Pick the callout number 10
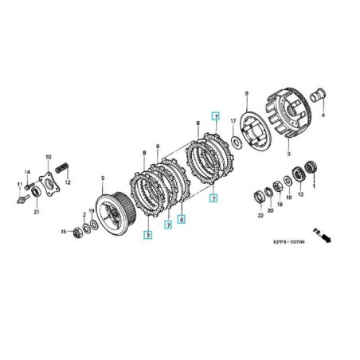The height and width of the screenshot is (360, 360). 49,157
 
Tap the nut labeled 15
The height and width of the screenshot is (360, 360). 77,233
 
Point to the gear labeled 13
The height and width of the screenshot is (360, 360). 301,173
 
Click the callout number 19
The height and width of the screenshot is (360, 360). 92,212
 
